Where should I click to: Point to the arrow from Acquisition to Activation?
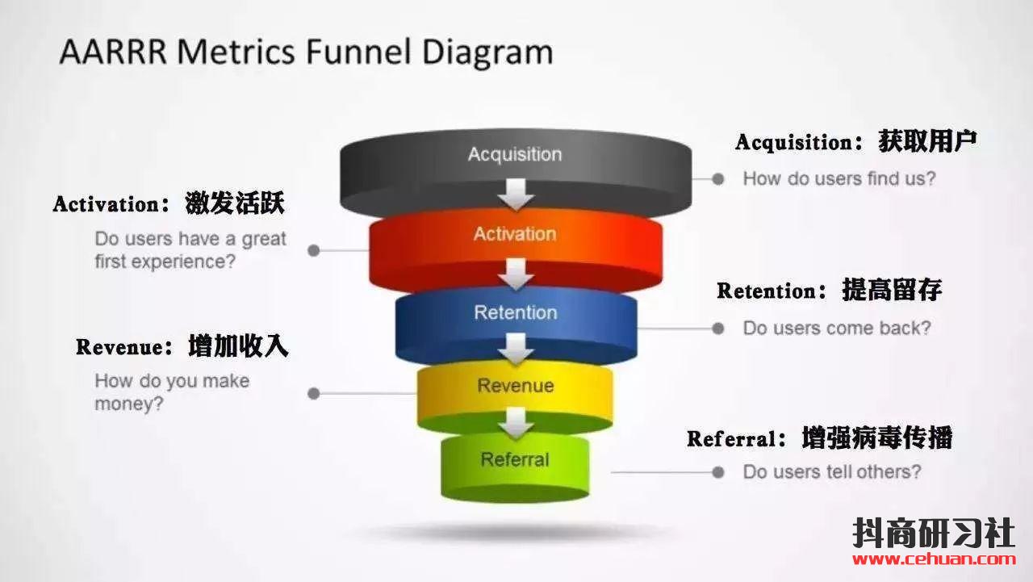point(516,194)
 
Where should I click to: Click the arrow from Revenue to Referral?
point(516,421)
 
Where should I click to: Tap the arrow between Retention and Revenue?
point(516,349)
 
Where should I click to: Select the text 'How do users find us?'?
point(839,178)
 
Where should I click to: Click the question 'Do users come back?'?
point(836,328)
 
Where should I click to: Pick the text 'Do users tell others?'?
point(831,471)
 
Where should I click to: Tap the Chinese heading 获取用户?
point(927,141)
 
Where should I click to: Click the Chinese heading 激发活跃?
point(235,203)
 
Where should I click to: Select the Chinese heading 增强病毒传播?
point(877,438)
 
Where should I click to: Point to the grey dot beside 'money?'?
point(314,394)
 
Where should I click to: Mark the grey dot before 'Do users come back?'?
point(717,328)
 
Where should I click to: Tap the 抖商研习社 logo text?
point(934,532)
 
